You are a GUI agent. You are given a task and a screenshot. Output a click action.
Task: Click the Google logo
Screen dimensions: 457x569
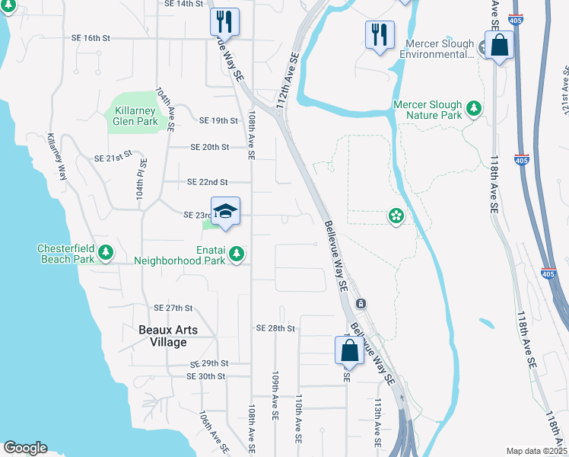[x=26, y=448]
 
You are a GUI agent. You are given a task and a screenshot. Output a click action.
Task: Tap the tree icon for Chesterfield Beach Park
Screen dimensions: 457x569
[x=107, y=251]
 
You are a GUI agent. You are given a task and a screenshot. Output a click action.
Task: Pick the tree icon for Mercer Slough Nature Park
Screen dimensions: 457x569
[x=475, y=108]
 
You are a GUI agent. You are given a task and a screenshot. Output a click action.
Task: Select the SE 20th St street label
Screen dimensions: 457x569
[x=209, y=147]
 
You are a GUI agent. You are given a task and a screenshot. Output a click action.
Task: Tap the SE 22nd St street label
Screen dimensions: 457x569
[x=208, y=182]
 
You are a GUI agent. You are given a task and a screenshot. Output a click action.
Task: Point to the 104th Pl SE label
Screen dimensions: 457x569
[x=140, y=184]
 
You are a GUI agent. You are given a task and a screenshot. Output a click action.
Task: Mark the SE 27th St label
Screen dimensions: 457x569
[x=174, y=308]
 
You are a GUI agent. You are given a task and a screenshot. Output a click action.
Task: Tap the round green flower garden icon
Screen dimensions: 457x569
[x=396, y=216]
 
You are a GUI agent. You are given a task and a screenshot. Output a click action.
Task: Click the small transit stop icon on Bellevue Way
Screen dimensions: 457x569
[x=361, y=303]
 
